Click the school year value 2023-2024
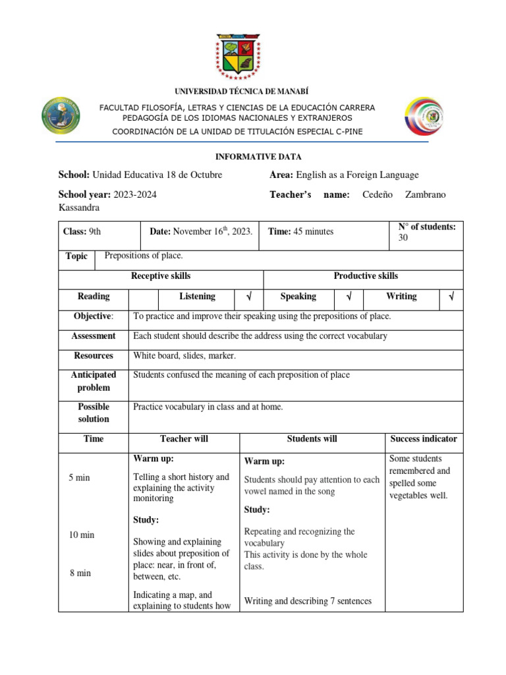click(x=135, y=194)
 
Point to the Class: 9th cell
click(x=82, y=231)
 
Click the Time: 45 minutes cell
click(x=300, y=231)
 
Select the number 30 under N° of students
click(x=404, y=238)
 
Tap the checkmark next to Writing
click(x=451, y=297)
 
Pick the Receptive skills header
click(x=161, y=276)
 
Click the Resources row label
click(x=94, y=356)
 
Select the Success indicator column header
click(x=424, y=439)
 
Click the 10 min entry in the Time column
click(x=82, y=535)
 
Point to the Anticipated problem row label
click(x=94, y=381)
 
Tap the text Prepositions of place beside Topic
click(x=144, y=256)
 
